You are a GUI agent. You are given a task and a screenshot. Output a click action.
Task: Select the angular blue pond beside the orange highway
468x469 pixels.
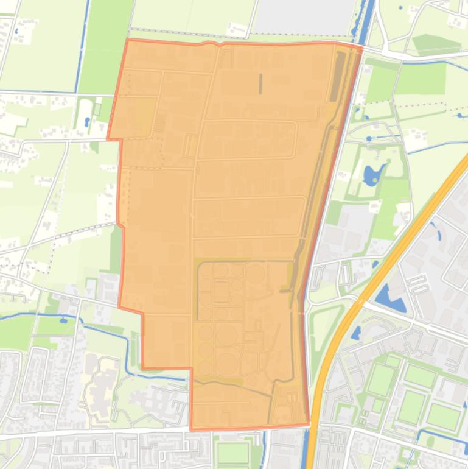tap(387, 298)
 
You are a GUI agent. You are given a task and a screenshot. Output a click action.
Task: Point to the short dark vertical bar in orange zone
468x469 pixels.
tap(260, 83)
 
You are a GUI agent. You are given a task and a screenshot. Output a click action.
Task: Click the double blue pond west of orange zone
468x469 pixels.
tap(87, 121)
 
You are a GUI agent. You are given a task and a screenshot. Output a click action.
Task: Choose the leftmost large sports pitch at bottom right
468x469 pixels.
tap(381, 379)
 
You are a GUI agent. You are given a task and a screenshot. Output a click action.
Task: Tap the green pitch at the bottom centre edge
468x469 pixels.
tap(233, 453)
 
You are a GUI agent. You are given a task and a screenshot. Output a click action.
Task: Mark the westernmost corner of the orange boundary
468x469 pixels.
tap(108, 139)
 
